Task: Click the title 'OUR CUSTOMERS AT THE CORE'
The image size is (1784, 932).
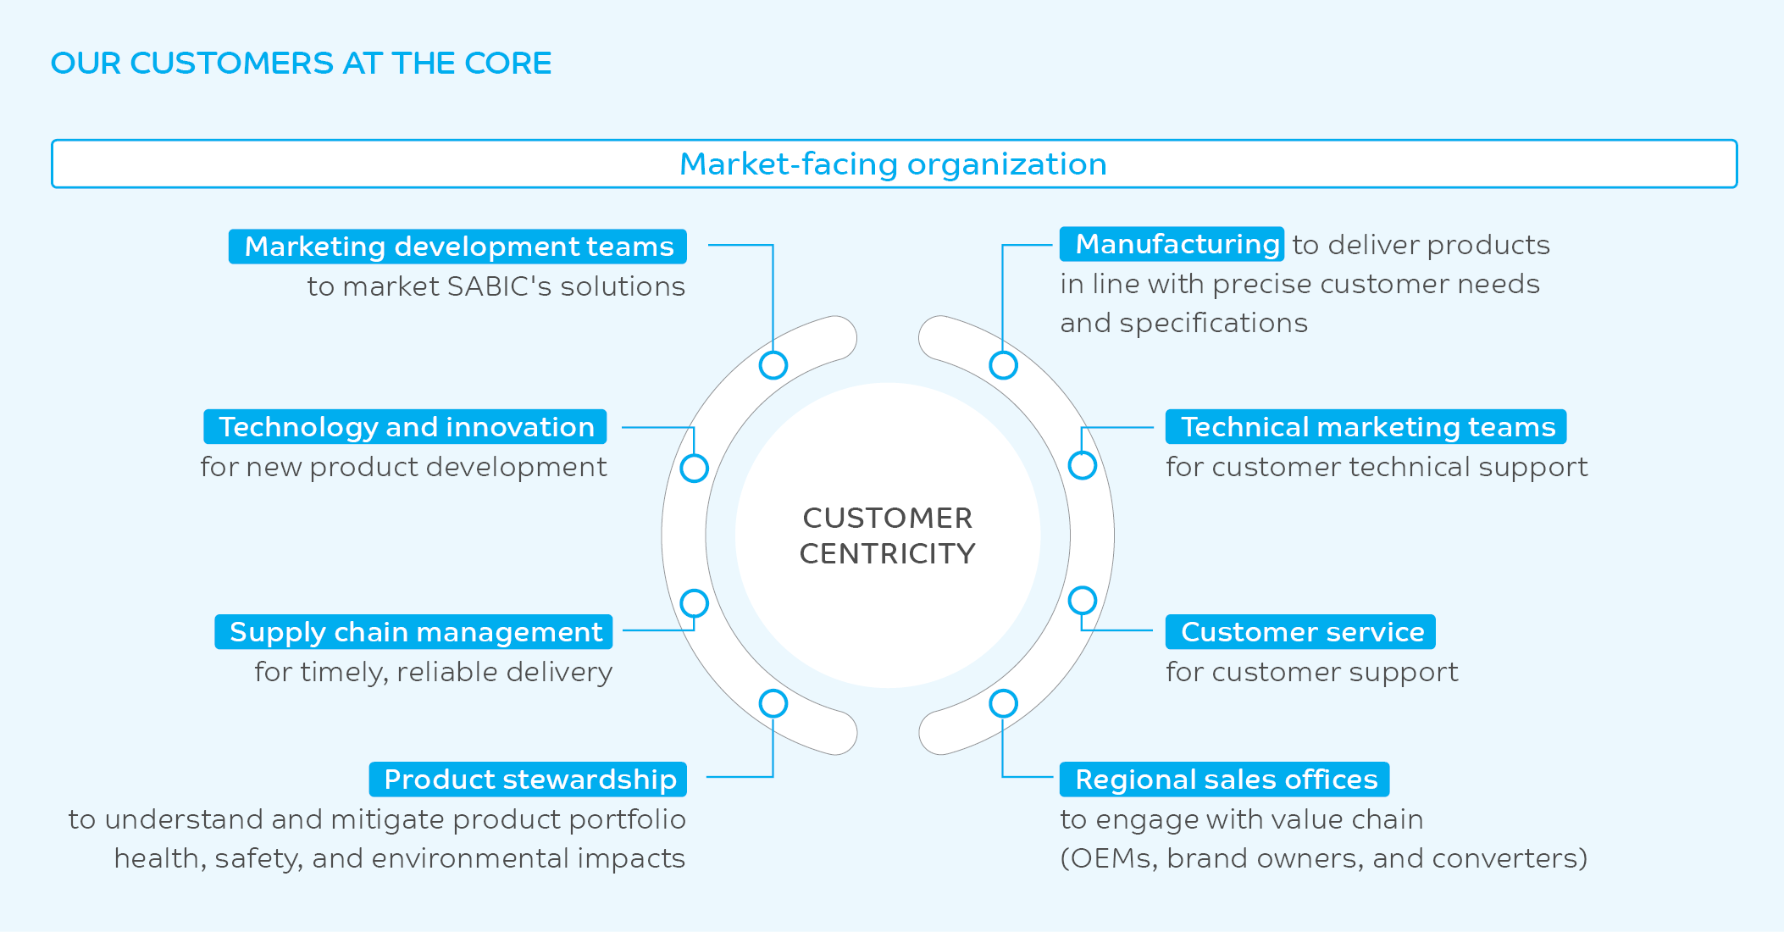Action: (301, 64)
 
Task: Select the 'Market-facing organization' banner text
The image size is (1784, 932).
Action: (893, 164)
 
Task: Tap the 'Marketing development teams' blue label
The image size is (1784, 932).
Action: (458, 247)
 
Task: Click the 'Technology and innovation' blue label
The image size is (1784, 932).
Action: (406, 427)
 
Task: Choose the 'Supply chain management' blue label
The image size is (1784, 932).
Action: (414, 632)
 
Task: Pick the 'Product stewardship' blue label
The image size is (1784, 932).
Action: (529, 779)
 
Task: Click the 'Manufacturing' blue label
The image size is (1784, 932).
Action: (1172, 244)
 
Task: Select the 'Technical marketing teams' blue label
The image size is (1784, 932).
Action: (1366, 427)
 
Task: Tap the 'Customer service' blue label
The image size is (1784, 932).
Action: (1301, 632)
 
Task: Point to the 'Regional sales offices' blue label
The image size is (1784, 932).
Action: (1225, 779)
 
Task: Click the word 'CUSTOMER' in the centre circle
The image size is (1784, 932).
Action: (888, 518)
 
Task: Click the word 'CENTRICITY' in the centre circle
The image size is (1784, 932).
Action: (888, 554)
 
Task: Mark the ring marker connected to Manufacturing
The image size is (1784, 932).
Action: (1003, 365)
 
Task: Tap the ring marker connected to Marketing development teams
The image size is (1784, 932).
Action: (773, 365)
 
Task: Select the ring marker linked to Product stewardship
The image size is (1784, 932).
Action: (773, 703)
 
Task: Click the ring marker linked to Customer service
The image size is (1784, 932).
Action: (1083, 601)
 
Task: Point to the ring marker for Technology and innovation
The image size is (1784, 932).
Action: (695, 468)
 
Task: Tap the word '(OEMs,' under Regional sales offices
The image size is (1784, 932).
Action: (1108, 858)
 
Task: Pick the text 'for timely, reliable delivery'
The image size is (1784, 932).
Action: (433, 672)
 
